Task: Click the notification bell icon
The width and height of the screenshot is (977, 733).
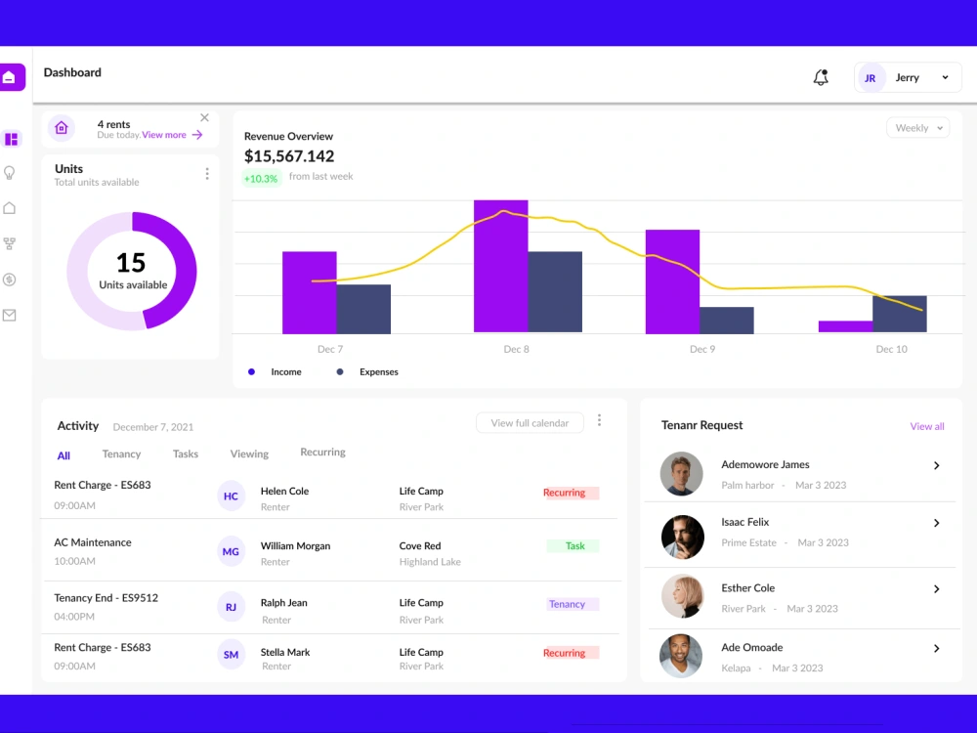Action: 821,77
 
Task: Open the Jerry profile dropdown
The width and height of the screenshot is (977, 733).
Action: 908,78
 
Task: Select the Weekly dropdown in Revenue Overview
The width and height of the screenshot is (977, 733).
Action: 917,128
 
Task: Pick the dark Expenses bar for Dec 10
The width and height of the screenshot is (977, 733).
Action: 899,314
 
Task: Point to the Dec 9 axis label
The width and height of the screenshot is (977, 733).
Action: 701,349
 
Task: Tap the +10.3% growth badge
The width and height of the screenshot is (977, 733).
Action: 261,178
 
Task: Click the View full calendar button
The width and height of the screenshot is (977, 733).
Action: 530,423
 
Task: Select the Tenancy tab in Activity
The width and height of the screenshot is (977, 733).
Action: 121,454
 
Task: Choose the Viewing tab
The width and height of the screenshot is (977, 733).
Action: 249,454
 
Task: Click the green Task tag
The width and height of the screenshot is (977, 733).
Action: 574,546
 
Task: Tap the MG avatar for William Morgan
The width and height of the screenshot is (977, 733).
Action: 231,552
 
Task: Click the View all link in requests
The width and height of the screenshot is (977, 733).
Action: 926,426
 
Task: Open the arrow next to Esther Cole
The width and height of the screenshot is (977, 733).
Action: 936,589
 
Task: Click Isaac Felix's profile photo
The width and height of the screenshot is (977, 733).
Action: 682,537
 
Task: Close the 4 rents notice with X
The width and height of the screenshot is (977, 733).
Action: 204,118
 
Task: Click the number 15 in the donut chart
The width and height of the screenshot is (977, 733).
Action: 131,263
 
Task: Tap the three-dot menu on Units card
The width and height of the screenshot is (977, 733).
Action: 207,174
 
